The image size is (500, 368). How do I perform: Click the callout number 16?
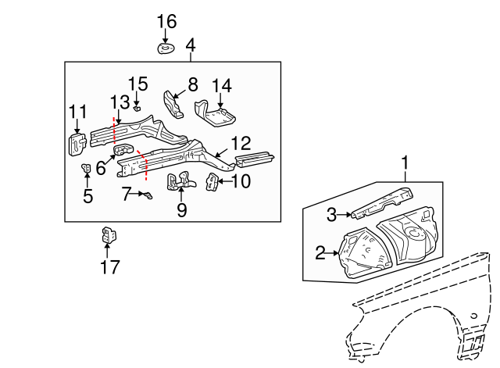tap(166, 21)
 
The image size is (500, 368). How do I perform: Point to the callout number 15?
tap(137, 84)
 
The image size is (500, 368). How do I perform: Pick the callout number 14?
tap(222, 85)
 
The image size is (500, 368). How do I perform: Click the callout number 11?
tap(77, 113)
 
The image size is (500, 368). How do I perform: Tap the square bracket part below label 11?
tap(77, 143)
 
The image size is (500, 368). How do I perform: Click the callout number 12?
tap(241, 143)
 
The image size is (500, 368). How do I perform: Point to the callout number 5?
tap(87, 196)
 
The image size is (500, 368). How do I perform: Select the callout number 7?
tap(125, 193)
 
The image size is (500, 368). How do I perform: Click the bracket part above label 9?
tap(179, 181)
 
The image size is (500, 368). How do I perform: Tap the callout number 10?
tap(241, 182)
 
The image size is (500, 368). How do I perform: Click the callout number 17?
tap(109, 267)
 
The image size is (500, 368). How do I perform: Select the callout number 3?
tap(331, 213)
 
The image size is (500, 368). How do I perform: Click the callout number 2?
tap(320, 252)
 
